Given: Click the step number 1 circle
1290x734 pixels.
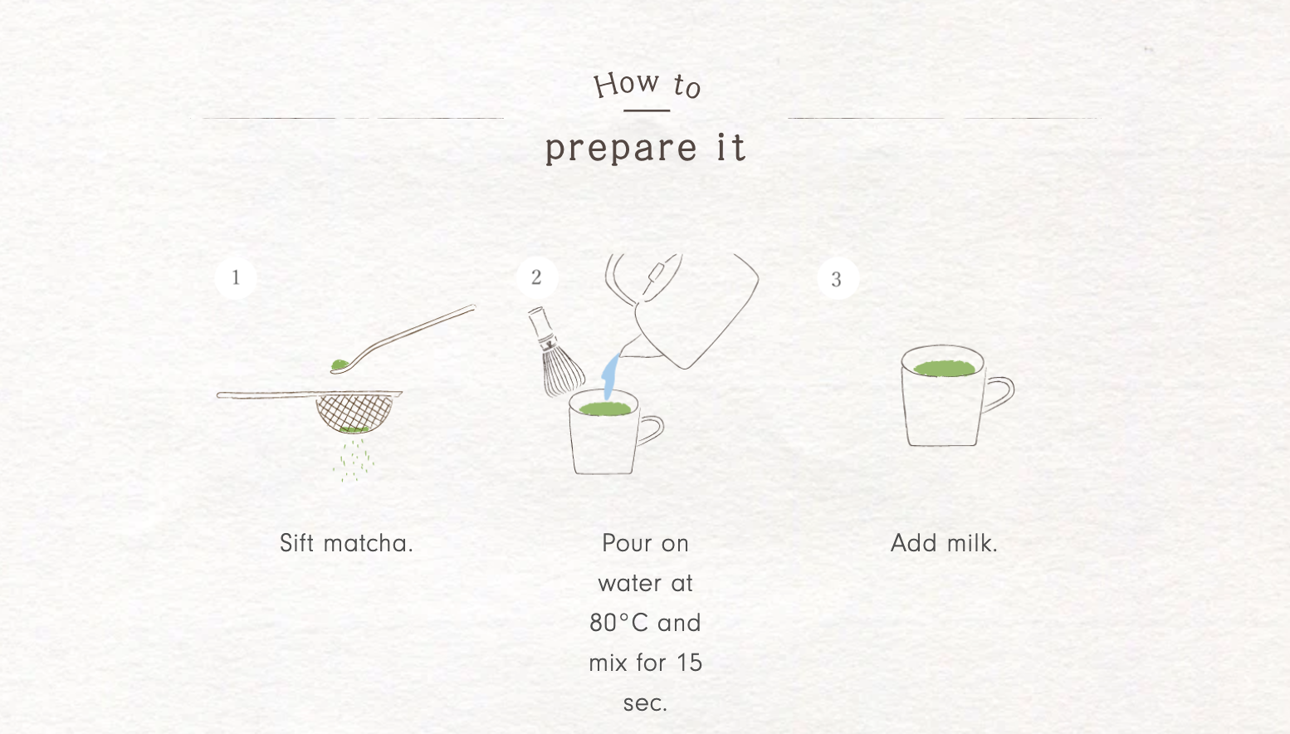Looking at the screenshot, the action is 236,278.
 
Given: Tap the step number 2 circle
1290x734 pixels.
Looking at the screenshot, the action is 537,277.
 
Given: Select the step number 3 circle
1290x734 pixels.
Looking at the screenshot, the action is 838,279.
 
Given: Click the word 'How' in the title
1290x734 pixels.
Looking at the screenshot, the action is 627,85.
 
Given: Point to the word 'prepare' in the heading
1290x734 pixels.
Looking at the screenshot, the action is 622,149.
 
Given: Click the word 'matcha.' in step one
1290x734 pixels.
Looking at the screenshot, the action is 369,543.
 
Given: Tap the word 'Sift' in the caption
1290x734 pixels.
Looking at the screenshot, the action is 296,543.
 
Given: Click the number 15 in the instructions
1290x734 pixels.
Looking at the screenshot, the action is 689,663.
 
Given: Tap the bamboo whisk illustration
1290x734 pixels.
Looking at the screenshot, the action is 554,353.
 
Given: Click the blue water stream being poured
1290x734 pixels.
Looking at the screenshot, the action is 610,377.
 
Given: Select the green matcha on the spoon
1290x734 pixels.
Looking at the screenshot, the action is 340,365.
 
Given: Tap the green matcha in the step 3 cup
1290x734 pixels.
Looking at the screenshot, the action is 945,368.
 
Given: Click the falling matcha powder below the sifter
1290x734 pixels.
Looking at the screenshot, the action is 354,459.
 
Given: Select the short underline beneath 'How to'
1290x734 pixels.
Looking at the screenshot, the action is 647,110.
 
